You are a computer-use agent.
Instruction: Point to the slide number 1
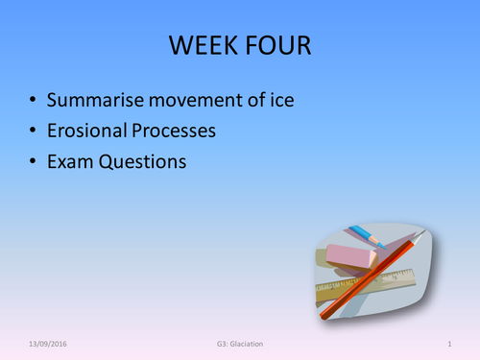[449, 343]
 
